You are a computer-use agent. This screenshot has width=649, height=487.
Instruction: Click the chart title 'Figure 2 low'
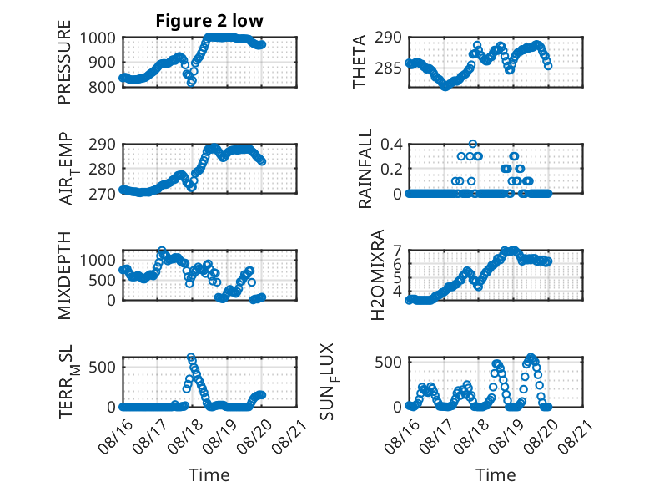209,21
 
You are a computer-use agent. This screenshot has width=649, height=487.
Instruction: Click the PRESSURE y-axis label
64,62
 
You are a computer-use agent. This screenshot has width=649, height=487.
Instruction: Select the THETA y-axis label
360,62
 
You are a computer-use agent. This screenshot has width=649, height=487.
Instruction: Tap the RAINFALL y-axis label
365,169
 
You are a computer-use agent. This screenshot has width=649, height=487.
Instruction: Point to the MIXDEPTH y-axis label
64,276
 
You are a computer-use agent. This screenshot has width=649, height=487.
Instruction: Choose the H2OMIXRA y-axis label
378,275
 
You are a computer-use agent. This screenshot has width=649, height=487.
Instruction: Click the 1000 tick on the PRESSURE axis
98,38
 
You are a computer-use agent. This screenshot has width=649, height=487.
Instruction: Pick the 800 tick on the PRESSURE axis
102,87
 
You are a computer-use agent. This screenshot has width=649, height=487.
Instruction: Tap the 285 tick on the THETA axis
388,68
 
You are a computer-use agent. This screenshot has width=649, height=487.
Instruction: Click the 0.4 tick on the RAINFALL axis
391,145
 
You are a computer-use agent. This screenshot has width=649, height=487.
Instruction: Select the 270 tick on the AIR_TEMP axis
102,194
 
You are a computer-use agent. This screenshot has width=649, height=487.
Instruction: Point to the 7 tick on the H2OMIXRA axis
398,251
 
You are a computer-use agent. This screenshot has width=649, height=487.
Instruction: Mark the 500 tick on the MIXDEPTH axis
102,280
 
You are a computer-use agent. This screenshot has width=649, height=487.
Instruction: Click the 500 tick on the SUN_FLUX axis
388,362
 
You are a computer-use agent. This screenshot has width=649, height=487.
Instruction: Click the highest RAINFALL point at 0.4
473,144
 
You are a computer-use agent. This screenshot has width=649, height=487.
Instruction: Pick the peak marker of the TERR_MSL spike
191,357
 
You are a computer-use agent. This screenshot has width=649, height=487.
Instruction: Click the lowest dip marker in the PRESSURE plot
191,83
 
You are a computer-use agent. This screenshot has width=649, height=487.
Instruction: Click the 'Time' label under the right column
496,474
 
